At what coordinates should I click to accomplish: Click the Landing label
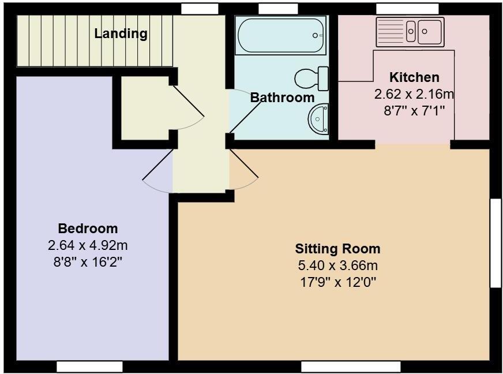[x=121, y=33]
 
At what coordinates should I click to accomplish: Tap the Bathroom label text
[x=282, y=98]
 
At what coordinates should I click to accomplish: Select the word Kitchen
[x=414, y=77]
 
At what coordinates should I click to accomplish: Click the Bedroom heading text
[x=88, y=228]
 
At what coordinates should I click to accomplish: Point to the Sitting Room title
[x=337, y=249]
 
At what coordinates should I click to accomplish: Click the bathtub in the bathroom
[x=281, y=35]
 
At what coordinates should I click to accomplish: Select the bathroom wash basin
[x=319, y=118]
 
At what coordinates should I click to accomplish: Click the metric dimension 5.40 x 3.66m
[x=337, y=265]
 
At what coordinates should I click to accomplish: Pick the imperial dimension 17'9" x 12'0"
[x=337, y=282]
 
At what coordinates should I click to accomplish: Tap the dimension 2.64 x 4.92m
[x=88, y=245]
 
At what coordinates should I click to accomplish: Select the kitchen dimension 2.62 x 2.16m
[x=414, y=93]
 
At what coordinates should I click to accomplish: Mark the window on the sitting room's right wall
[x=496, y=242]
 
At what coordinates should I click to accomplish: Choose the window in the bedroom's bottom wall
[x=89, y=366]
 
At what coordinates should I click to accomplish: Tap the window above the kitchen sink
[x=407, y=9]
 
